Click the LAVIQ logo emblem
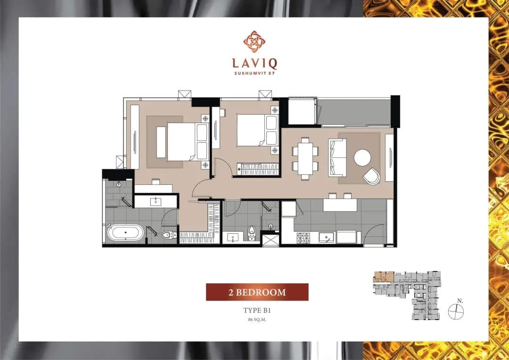click(x=254, y=41)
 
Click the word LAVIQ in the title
click(x=254, y=64)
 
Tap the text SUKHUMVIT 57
click(x=254, y=74)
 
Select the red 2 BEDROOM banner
click(x=257, y=292)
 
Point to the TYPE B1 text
click(x=257, y=311)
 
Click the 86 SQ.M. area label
click(x=257, y=319)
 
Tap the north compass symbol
click(x=456, y=311)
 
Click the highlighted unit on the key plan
click(x=384, y=277)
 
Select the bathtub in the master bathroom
click(x=125, y=233)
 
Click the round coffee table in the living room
click(x=362, y=158)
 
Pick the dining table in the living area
click(x=305, y=159)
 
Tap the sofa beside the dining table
click(x=337, y=158)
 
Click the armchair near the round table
click(x=371, y=176)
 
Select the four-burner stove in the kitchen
click(x=304, y=238)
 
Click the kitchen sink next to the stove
click(x=326, y=238)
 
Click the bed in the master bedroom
click(x=187, y=142)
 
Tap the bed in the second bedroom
click(x=257, y=130)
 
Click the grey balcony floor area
click(x=355, y=112)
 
